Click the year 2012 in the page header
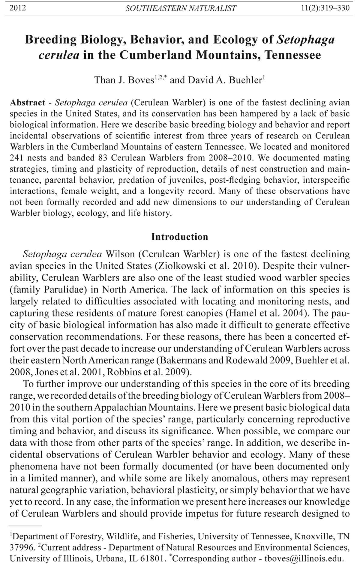pos(18,8)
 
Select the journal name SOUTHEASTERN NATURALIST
pos(181,8)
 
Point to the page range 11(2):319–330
pos(325,8)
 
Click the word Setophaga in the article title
pos(305,40)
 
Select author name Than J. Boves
pos(124,80)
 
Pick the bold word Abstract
pos(28,103)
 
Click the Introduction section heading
pos(180,237)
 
